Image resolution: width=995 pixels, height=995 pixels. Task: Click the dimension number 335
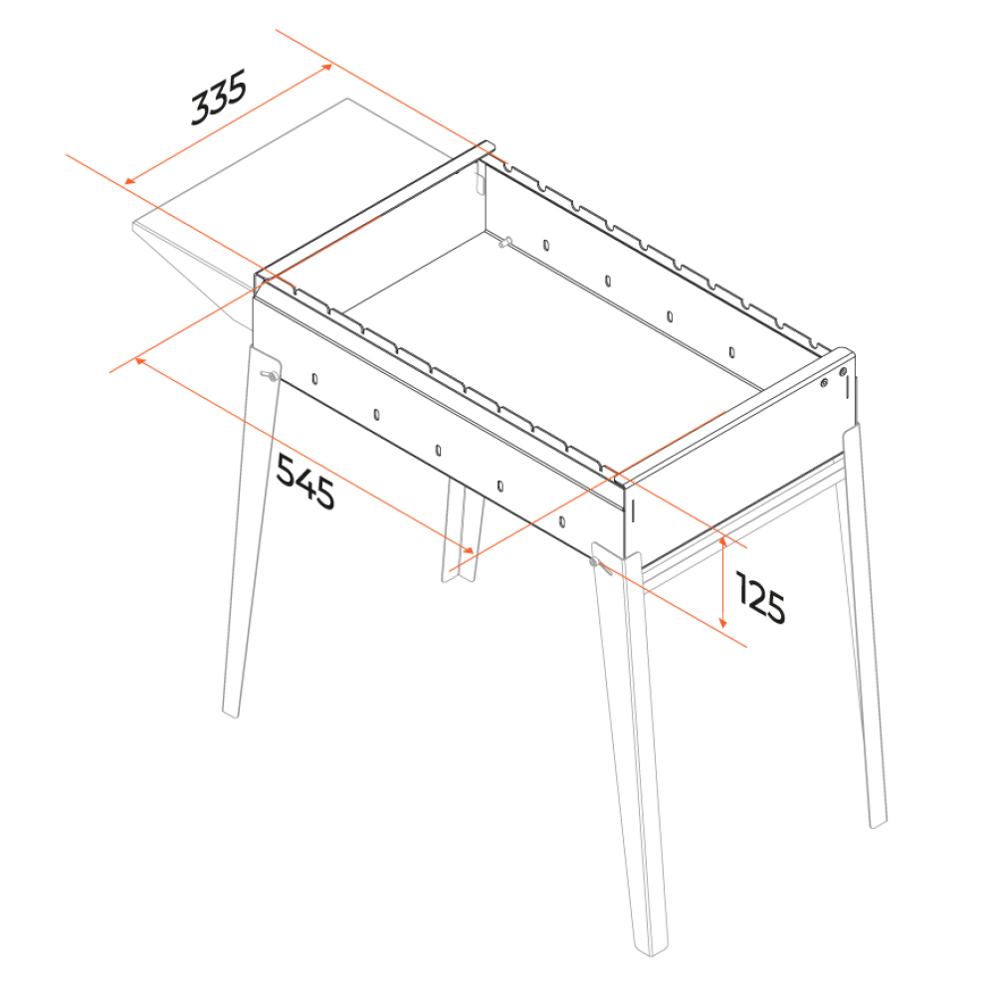(219, 99)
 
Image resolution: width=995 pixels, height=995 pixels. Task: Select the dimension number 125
(761, 597)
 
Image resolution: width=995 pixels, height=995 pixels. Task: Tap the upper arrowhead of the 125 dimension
(722, 543)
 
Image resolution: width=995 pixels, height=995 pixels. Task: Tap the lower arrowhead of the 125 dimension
(722, 622)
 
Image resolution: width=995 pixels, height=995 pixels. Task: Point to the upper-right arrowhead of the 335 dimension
(326, 67)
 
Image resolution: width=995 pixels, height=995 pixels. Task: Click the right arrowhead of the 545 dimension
(469, 550)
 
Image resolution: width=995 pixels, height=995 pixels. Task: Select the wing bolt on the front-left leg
(271, 376)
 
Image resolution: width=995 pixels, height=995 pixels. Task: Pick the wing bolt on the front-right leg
(598, 564)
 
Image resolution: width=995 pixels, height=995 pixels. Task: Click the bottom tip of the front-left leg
(230, 715)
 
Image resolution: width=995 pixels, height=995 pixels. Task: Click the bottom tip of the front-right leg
(651, 953)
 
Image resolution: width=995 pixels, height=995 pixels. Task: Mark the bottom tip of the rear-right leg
(878, 825)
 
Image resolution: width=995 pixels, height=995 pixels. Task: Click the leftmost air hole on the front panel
(314, 379)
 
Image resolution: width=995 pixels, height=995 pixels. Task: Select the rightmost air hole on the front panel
(561, 521)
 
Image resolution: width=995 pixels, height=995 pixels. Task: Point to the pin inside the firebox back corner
(505, 242)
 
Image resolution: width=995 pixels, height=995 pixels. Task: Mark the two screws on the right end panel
(833, 377)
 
